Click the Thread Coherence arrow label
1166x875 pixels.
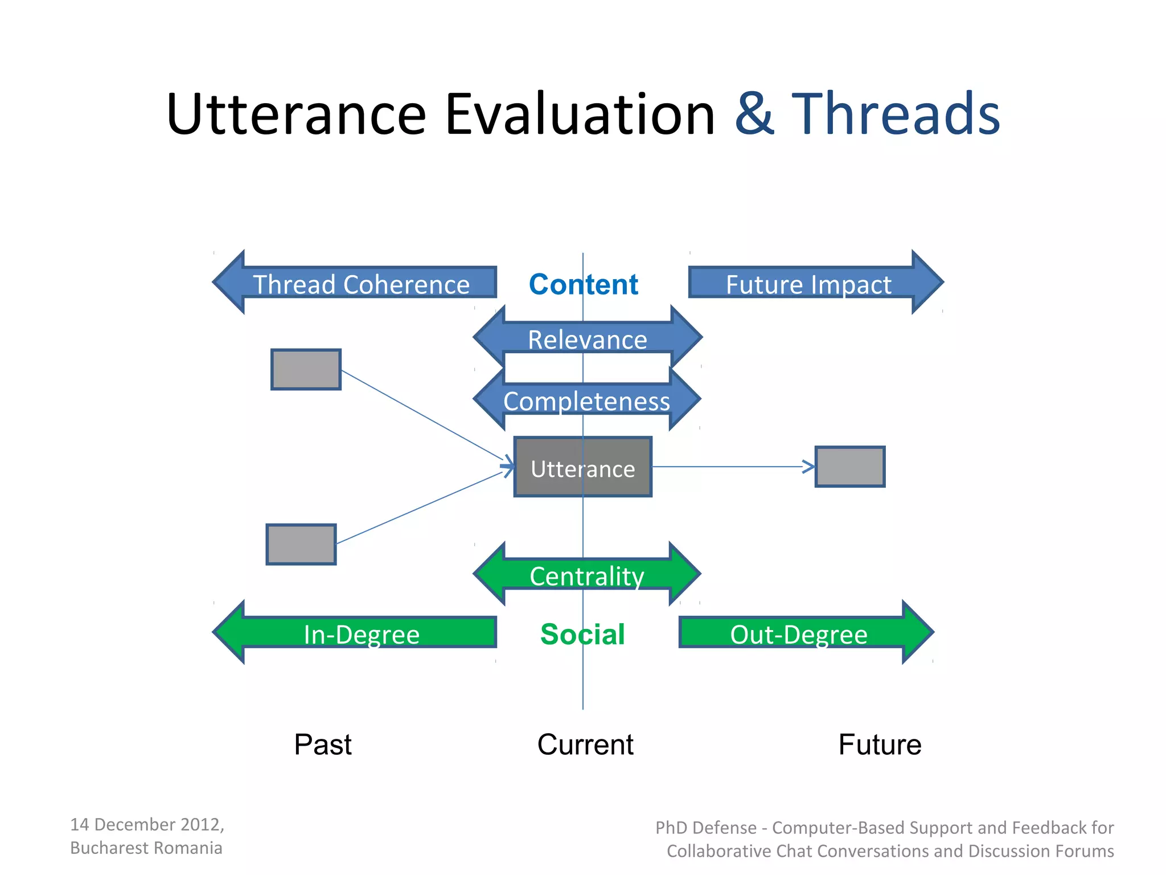(361, 284)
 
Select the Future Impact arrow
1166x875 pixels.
(808, 284)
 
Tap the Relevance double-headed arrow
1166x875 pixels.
(587, 339)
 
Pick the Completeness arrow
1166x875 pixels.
(587, 400)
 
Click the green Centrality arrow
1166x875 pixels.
(587, 575)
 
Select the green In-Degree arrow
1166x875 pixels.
(361, 633)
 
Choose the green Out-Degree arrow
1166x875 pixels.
(799, 633)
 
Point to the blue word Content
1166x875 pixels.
(583, 284)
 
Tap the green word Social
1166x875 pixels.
(582, 633)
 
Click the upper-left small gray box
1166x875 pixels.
(306, 369)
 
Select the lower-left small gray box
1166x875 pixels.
(301, 544)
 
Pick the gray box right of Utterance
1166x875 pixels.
(849, 467)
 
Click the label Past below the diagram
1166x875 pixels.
(323, 744)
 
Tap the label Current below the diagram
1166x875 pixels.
(585, 744)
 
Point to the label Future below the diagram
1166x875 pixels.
(880, 744)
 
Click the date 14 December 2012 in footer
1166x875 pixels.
(147, 824)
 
